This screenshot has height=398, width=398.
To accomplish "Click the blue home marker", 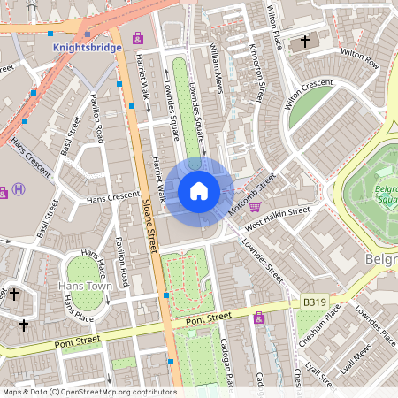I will point(199,191).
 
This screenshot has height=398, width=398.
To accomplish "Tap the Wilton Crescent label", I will point(309,92).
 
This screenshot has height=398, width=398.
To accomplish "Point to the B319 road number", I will point(314,302).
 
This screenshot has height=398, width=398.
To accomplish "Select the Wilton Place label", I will point(275,27).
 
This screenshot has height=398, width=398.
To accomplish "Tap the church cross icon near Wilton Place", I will point(306,42).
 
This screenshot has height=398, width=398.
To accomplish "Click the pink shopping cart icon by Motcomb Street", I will point(256,207).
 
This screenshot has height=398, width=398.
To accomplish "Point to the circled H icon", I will point(19,189).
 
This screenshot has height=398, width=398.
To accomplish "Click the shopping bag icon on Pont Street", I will point(259,318).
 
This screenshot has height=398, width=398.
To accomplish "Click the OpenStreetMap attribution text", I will point(88,391).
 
